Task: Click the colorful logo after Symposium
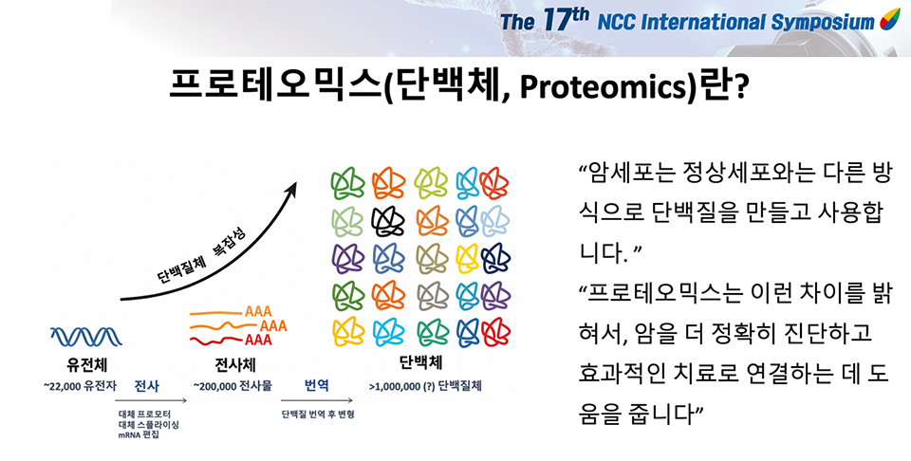889,20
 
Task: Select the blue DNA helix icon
86,336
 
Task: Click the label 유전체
86,365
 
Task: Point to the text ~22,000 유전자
80,385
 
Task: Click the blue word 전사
146,385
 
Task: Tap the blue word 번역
317,385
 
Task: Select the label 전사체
235,365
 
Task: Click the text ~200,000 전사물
232,385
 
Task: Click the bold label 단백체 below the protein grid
420,363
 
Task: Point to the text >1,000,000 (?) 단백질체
425,385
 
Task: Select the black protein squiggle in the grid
387,222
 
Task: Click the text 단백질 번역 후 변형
318,415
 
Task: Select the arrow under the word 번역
317,400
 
